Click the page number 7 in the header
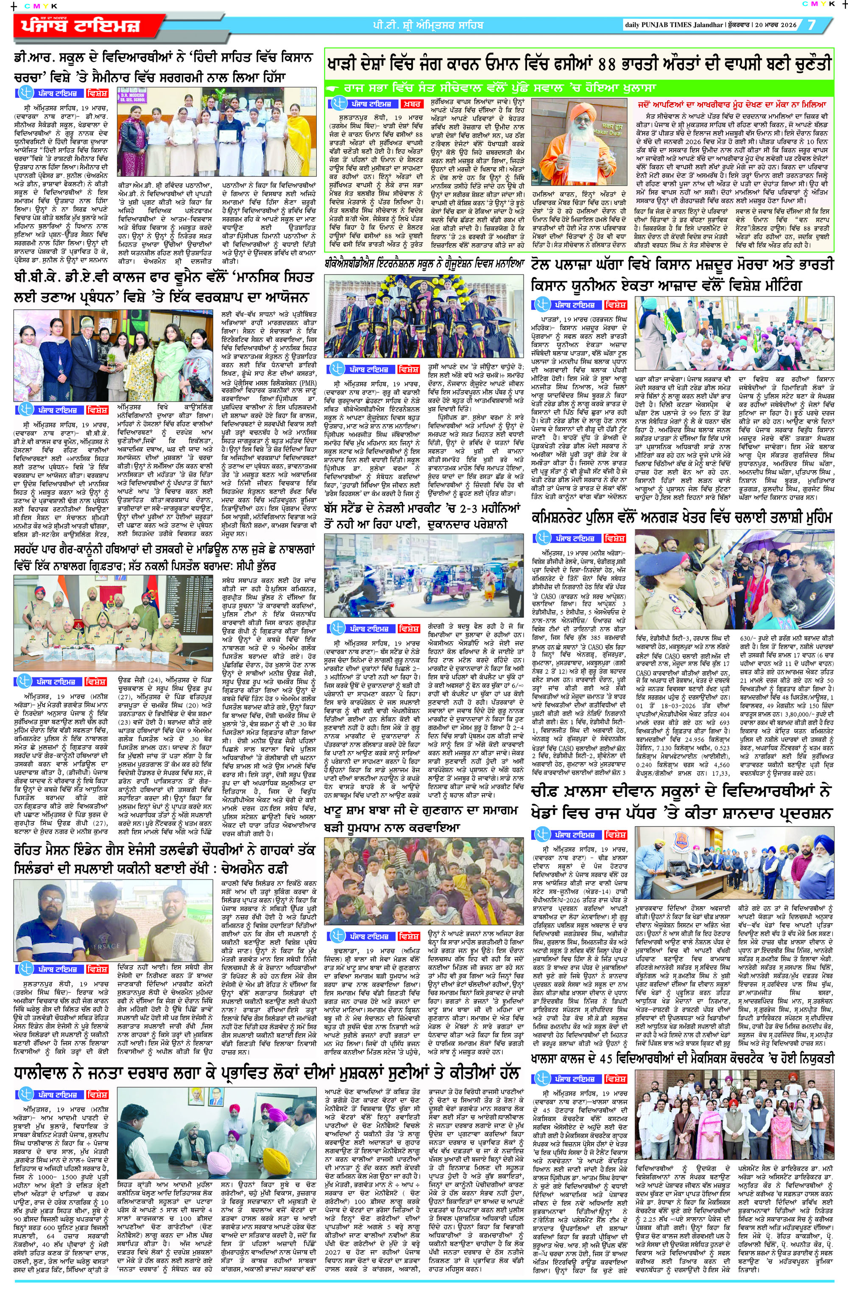[x=812, y=25]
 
